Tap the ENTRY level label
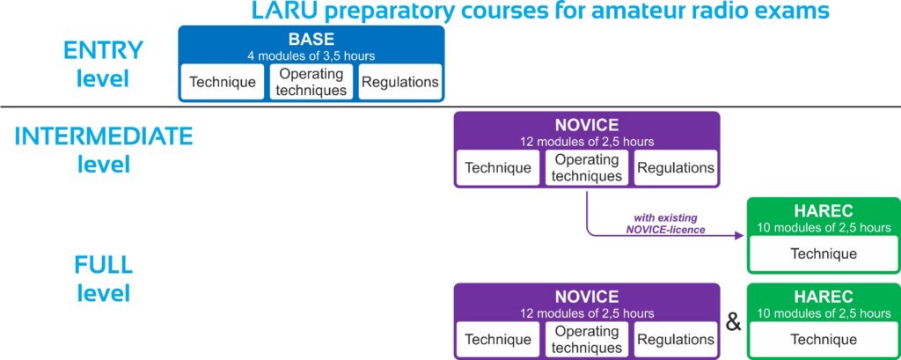[104, 64]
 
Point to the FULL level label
[104, 279]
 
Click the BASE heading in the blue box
[311, 39]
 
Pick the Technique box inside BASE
[223, 82]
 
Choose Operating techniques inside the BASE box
[311, 82]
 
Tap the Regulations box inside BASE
[400, 82]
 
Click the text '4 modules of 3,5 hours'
[311, 55]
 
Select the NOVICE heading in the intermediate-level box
[587, 125]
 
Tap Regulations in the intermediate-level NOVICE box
[676, 168]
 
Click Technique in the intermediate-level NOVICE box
[498, 168]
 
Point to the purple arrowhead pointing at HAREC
[739, 235]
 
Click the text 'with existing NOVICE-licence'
[665, 224]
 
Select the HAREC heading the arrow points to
[824, 211]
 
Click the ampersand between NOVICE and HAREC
[733, 323]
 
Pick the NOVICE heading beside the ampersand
[587, 297]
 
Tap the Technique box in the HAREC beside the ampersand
[824, 339]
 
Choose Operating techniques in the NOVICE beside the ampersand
[587, 339]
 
